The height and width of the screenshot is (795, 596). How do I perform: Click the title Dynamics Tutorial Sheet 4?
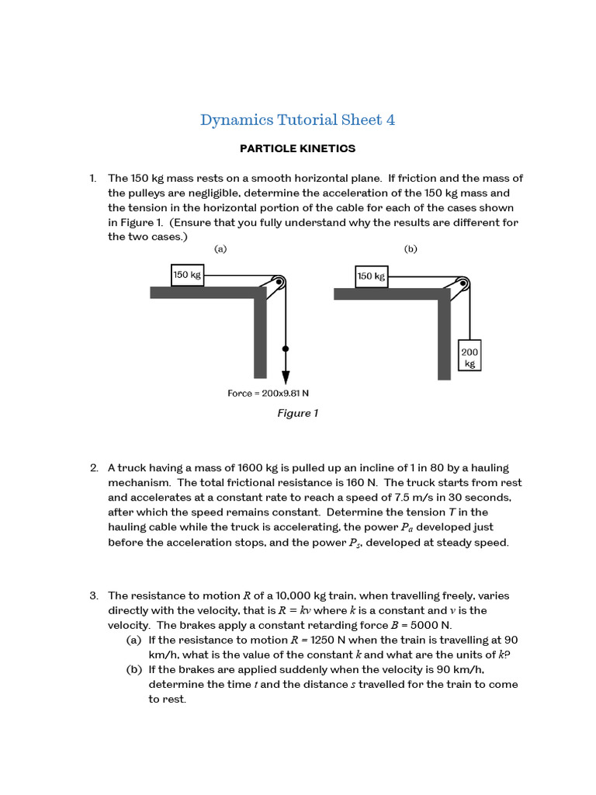tap(297, 120)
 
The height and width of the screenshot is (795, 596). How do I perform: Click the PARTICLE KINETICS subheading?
tap(297, 148)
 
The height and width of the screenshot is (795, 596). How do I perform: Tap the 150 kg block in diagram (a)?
tap(187, 275)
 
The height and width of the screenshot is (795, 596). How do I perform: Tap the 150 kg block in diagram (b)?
tap(371, 276)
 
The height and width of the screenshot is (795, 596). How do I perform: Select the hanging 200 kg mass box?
tap(470, 356)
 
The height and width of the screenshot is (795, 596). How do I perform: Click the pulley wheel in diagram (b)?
tap(463, 283)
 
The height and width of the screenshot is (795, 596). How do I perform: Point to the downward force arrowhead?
tap(286, 377)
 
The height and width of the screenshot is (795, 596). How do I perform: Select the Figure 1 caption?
tap(297, 413)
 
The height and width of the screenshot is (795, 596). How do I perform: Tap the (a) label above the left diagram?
tap(220, 249)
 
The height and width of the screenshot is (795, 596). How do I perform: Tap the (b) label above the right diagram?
tap(411, 249)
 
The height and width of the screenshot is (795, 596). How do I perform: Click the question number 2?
tap(93, 468)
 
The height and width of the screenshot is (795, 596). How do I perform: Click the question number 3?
tap(93, 595)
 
